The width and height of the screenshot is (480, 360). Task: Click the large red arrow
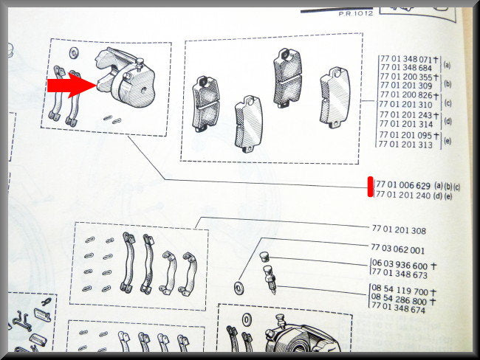click(72, 86)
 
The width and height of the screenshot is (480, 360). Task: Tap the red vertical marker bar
click(371, 187)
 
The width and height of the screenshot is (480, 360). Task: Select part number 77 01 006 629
click(403, 184)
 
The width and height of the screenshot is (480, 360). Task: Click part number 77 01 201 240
click(403, 195)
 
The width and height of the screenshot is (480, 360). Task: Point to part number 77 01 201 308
click(399, 229)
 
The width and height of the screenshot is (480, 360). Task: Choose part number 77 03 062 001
click(397, 249)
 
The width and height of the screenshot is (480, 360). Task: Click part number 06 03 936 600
click(400, 265)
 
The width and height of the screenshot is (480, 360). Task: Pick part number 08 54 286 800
click(399, 300)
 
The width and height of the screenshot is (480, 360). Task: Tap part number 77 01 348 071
click(406, 59)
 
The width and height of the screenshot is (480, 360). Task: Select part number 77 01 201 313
click(405, 144)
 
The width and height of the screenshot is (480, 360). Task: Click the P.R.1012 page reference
click(356, 13)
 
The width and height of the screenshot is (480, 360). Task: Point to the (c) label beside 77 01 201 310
click(448, 103)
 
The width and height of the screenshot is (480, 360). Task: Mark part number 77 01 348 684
click(406, 68)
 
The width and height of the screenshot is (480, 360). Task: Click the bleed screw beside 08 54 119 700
click(270, 280)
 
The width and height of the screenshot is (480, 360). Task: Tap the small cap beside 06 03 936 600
click(264, 256)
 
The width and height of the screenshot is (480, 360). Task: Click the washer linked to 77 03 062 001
click(239, 288)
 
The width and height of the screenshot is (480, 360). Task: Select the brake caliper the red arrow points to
click(126, 77)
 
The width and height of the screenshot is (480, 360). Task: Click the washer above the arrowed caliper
click(73, 53)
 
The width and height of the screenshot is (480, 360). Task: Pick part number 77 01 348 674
click(398, 309)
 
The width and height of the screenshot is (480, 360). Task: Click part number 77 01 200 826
click(406, 95)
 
